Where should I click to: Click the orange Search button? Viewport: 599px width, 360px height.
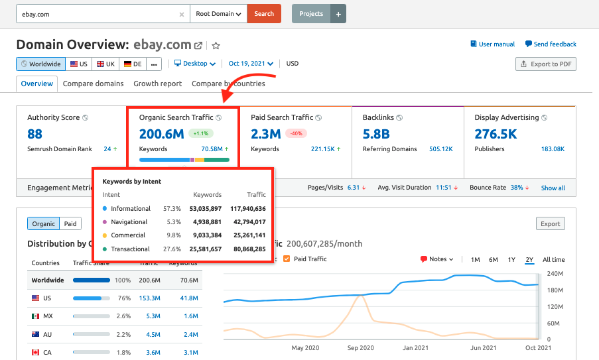(x=263, y=14)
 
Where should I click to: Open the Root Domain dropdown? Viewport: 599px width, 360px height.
(x=218, y=14)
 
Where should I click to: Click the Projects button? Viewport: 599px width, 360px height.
(x=311, y=14)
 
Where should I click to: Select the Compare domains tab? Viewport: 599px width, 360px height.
(x=93, y=84)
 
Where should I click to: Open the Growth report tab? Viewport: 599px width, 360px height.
(x=157, y=84)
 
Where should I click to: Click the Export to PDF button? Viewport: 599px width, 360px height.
(x=546, y=64)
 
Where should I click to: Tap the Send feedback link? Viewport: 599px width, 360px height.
(x=551, y=44)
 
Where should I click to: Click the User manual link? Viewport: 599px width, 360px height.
(x=492, y=44)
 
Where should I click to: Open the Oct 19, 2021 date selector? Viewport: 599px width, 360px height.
(x=251, y=64)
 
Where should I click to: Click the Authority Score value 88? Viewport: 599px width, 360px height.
(x=35, y=134)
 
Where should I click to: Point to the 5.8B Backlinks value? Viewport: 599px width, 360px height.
(x=375, y=134)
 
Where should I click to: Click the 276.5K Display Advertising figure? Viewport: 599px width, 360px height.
(x=496, y=134)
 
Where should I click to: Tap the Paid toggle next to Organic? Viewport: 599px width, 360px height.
(x=70, y=224)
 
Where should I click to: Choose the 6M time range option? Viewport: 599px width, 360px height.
(x=494, y=260)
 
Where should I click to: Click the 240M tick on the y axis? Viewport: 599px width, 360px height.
(x=555, y=273)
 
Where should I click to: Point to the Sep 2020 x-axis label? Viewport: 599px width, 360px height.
(x=361, y=347)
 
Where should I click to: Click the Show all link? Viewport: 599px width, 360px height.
(x=553, y=188)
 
